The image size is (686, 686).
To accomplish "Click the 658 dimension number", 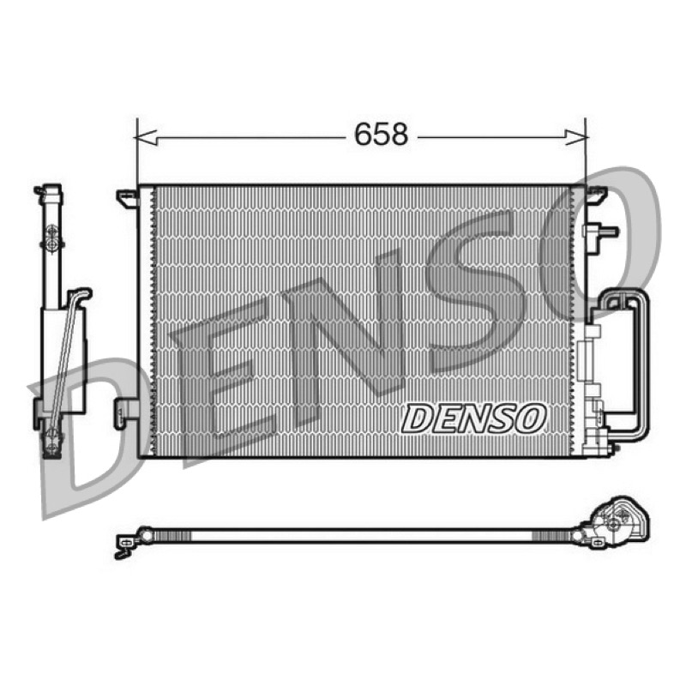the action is point(381,135).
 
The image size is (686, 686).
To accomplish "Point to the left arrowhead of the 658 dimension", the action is point(146,137).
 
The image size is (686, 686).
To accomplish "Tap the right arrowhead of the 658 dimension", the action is point(576,137).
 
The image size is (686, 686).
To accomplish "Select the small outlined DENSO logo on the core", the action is point(474,418).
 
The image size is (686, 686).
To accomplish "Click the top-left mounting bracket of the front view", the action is point(127,198).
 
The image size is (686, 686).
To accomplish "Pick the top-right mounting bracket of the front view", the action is point(596,195).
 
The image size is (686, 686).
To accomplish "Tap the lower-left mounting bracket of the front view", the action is point(126,413).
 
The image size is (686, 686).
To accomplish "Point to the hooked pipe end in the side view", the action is point(80,293).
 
